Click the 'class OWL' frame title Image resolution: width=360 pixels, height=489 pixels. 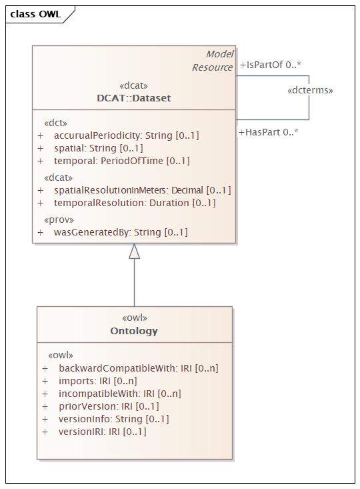35,14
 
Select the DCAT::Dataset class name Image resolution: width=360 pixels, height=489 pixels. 134,98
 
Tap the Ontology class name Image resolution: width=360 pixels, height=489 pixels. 134,331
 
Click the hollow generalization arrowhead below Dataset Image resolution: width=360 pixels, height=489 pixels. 135,251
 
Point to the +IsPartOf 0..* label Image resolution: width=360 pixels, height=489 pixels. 270,65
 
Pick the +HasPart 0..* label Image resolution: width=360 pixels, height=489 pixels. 269,132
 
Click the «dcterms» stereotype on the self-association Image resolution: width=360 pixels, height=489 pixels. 310,91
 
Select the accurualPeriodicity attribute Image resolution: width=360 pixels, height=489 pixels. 126,135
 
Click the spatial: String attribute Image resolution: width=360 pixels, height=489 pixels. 98,148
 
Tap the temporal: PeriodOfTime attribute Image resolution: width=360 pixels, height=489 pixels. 121,161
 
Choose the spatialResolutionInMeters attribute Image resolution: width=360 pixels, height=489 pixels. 143,190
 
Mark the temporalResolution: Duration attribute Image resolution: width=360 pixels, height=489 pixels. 135,203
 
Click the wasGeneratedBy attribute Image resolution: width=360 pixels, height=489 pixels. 121,232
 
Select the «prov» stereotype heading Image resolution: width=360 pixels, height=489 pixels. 59,220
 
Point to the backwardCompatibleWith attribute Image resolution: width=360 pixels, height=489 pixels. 139,368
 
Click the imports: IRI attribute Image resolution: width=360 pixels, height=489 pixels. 98,381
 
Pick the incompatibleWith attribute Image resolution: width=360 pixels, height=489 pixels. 120,394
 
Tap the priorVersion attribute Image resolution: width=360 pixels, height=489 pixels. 109,406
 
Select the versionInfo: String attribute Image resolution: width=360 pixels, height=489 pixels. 114,419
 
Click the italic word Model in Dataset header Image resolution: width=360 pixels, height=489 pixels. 219,54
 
